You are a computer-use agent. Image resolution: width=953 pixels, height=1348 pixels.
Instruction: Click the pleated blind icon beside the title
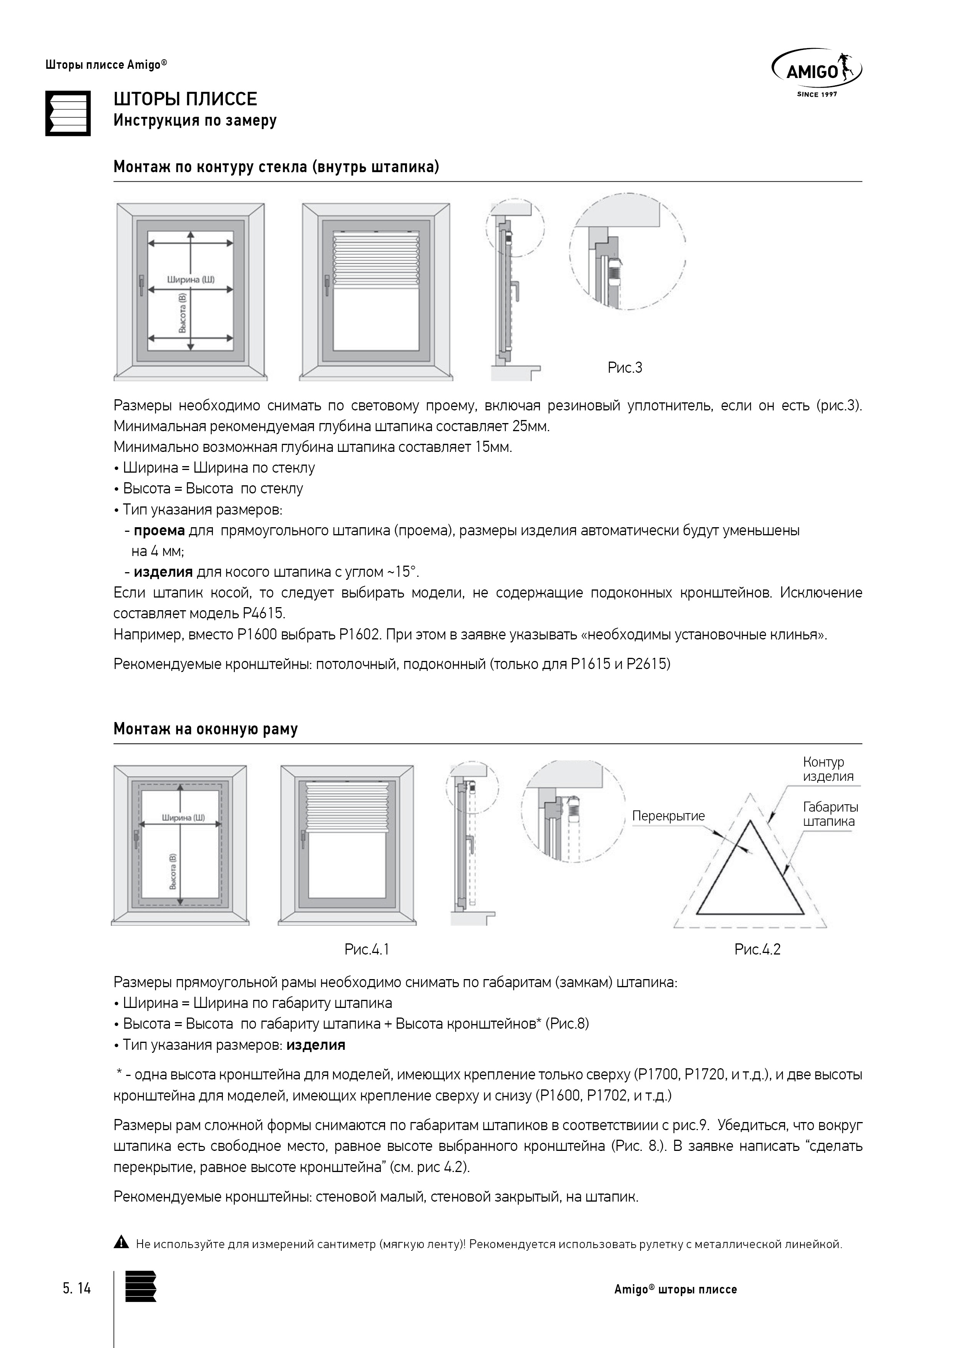coord(68,113)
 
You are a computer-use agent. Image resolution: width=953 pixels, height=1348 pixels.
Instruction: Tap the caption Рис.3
coord(625,368)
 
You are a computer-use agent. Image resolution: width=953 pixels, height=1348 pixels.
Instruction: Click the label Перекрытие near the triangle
coord(668,816)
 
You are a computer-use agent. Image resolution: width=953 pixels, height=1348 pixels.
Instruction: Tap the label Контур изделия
coord(827,769)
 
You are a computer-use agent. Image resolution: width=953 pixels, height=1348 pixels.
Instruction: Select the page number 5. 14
coord(77,1289)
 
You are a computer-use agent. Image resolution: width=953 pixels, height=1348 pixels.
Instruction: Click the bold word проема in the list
coord(159,531)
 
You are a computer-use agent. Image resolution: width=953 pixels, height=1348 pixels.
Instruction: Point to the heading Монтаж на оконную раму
coord(206,729)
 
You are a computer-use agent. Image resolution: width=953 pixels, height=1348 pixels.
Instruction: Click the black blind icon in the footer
coord(141,1287)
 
